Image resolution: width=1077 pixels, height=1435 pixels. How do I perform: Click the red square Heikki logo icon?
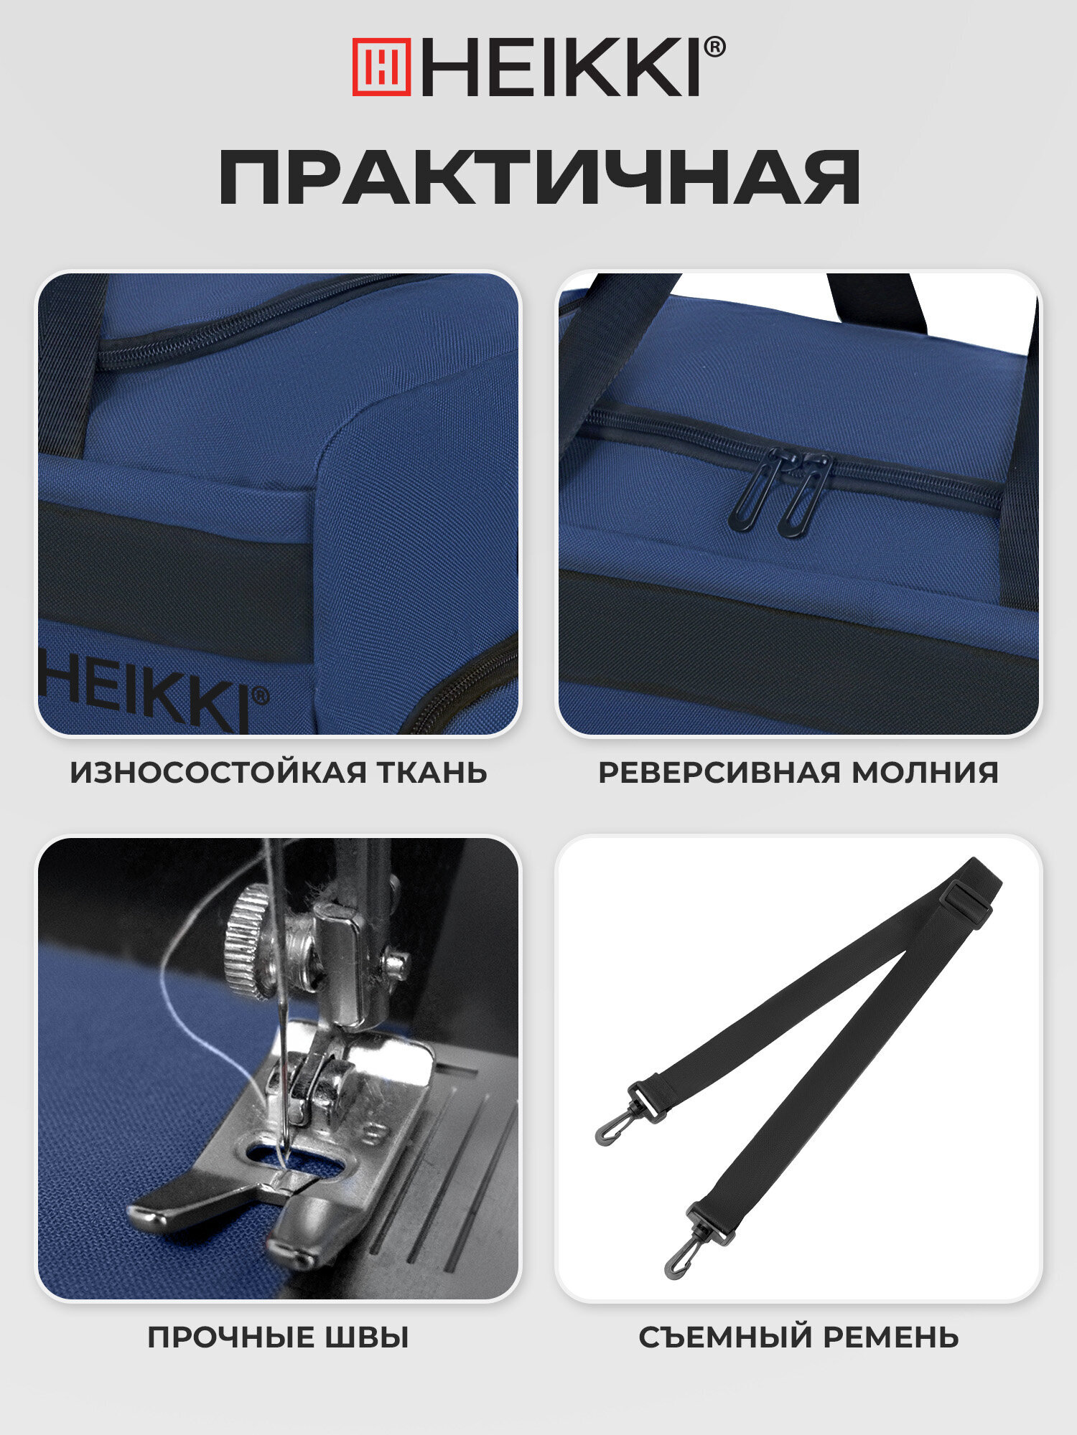pyautogui.click(x=381, y=67)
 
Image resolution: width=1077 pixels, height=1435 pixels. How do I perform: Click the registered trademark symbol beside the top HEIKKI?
pyautogui.click(x=714, y=48)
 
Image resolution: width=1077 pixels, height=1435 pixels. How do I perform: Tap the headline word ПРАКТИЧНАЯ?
pyautogui.click(x=538, y=177)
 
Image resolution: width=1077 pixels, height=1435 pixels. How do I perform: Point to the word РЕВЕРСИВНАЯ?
pyautogui.click(x=719, y=773)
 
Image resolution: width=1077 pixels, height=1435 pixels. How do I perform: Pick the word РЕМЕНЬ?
pyautogui.click(x=890, y=1338)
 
